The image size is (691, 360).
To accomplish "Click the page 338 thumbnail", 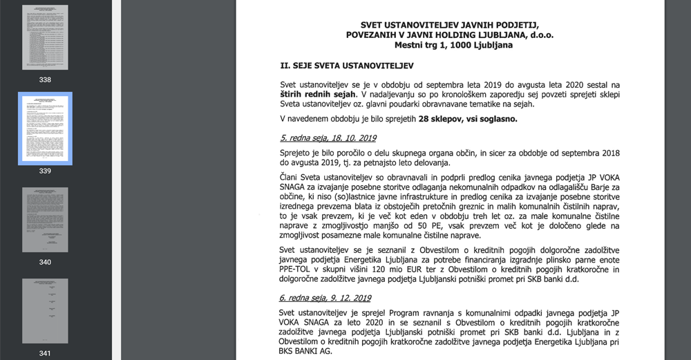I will click(x=45, y=37).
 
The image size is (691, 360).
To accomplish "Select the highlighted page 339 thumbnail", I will click(x=45, y=129).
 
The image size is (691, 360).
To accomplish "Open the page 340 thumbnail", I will click(x=45, y=220).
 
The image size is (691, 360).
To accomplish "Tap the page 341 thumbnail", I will click(x=45, y=311).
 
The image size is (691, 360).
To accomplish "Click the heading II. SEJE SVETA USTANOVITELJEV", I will click(x=346, y=65).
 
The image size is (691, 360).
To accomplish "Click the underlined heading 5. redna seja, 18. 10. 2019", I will click(x=328, y=138).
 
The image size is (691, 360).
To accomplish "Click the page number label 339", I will click(x=45, y=171).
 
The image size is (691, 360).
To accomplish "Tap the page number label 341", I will click(x=45, y=353).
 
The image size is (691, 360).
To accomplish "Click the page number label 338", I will click(x=45, y=79).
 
